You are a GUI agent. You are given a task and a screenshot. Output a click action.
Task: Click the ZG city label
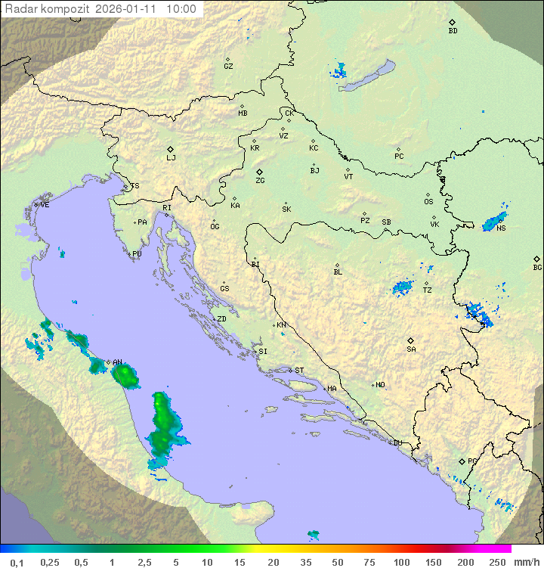pyautogui.click(x=260, y=181)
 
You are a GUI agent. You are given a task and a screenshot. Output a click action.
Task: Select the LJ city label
pyautogui.click(x=171, y=158)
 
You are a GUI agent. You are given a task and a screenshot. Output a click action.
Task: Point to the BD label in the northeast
pyautogui.click(x=453, y=31)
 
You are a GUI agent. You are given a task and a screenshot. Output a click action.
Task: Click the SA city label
pyautogui.click(x=411, y=349)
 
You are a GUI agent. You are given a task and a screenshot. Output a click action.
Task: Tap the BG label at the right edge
pyautogui.click(x=537, y=267)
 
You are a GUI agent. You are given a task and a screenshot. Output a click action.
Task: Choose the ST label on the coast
pyautogui.click(x=299, y=371)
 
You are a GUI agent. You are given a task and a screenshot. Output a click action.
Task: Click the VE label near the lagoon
pyautogui.click(x=45, y=205)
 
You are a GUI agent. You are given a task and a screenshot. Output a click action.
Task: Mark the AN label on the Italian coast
pyautogui.click(x=117, y=362)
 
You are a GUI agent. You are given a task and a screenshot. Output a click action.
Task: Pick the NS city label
pyautogui.click(x=501, y=228)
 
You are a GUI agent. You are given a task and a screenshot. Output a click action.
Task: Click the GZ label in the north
pyautogui.click(x=228, y=67)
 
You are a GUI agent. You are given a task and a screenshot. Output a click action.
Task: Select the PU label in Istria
pyautogui.click(x=137, y=254)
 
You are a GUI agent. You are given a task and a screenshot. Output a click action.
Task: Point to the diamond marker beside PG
pyautogui.click(x=462, y=461)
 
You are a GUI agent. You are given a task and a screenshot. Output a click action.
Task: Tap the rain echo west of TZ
pyautogui.click(x=402, y=287)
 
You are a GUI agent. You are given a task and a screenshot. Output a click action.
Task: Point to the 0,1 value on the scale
pyautogui.click(x=17, y=562)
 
